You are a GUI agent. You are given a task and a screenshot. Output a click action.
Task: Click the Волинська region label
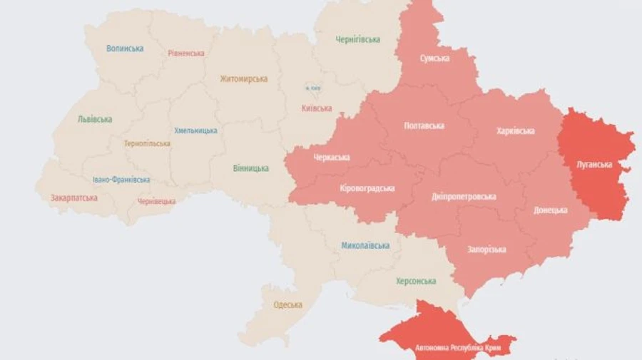(x=125, y=48)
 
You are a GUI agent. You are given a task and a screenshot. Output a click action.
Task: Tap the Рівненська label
(x=186, y=53)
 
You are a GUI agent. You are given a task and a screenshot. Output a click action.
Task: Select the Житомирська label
(x=243, y=79)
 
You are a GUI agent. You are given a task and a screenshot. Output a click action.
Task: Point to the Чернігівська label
(x=358, y=40)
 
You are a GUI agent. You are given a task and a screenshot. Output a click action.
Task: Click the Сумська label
(x=434, y=58)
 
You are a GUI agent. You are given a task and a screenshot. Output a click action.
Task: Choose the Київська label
(x=317, y=108)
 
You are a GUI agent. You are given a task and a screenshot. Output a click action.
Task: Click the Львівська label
(x=95, y=120)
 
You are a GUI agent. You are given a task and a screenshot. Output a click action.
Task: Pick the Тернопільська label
(x=147, y=143)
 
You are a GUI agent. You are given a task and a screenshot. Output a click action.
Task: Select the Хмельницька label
(x=195, y=131)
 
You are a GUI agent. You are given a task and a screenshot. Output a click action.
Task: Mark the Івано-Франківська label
(x=121, y=180)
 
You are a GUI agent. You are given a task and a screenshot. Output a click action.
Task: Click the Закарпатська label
(x=74, y=197)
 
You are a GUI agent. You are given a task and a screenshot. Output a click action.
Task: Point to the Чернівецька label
(x=156, y=202)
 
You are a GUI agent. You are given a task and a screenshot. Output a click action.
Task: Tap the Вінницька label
(x=251, y=169)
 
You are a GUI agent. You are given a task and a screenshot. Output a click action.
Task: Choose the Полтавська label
(x=424, y=126)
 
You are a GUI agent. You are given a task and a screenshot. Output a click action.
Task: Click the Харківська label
(x=515, y=131)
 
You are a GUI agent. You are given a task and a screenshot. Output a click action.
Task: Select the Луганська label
(x=594, y=165)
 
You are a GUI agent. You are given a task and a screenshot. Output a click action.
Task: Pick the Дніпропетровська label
(x=464, y=197)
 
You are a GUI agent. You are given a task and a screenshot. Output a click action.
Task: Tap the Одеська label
(x=287, y=305)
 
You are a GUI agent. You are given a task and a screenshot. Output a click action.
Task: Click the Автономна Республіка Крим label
(x=457, y=348)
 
